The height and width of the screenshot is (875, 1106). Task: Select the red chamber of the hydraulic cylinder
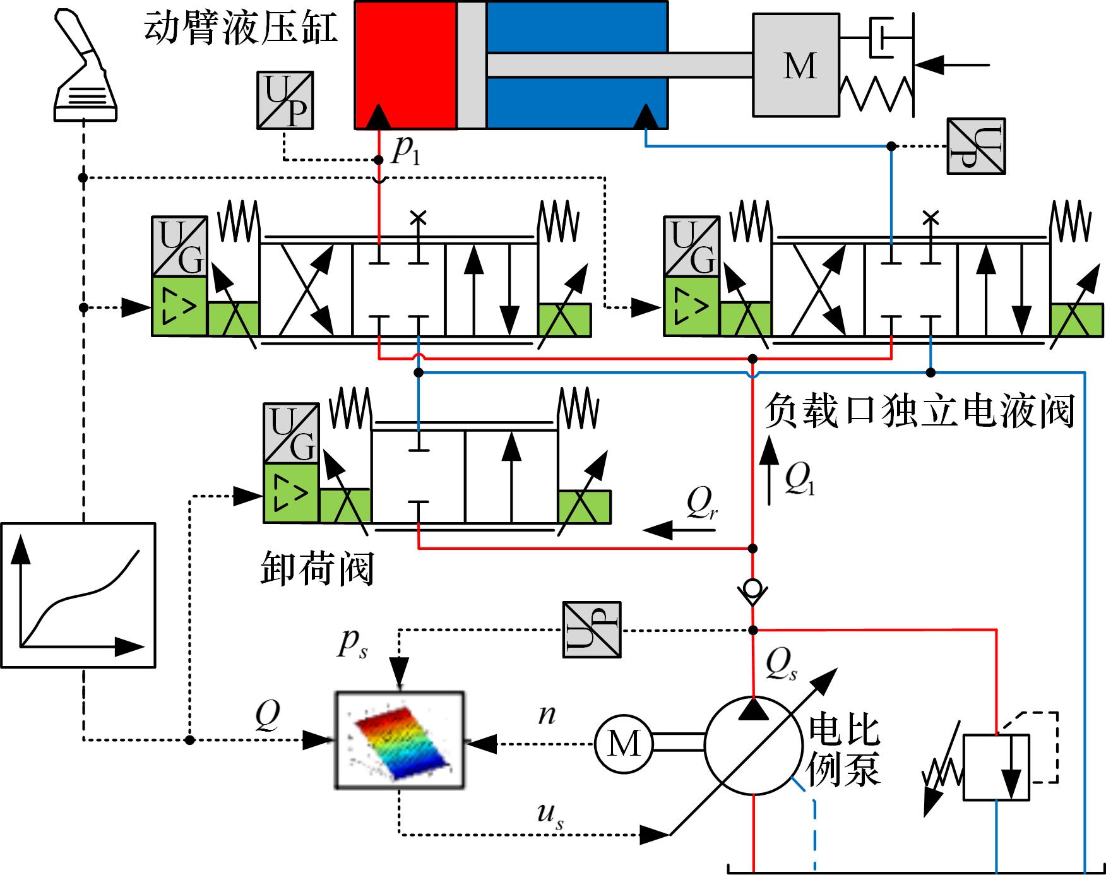pyautogui.click(x=406, y=65)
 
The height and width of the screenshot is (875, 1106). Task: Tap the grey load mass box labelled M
pyautogui.click(x=796, y=66)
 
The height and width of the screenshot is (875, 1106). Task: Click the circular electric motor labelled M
pyautogui.click(x=623, y=743)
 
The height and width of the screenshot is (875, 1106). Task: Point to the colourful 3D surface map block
pyautogui.click(x=400, y=740)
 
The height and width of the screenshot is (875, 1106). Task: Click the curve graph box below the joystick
pyautogui.click(x=78, y=595)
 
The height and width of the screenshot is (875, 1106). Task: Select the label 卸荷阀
pyautogui.click(x=318, y=569)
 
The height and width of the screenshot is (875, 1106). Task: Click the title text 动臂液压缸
pyautogui.click(x=241, y=29)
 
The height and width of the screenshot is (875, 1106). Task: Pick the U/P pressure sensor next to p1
pyautogui.click(x=285, y=100)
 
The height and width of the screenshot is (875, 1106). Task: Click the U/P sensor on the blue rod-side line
pyautogui.click(x=976, y=146)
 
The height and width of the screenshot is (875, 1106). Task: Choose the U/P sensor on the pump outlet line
pyautogui.click(x=592, y=629)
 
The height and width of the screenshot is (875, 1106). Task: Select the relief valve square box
pyautogui.click(x=996, y=767)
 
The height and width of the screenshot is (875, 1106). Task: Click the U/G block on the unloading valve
pyautogui.click(x=291, y=433)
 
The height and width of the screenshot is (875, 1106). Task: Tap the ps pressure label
pyautogui.click(x=353, y=644)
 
